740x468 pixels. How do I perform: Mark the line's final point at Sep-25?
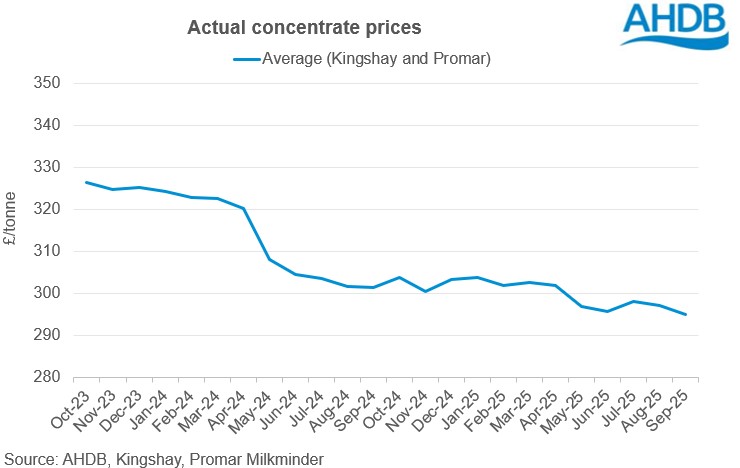[686, 315]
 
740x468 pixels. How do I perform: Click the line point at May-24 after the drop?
[270, 260]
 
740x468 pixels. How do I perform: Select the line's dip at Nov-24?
[426, 291]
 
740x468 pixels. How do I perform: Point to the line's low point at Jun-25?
[608, 311]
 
